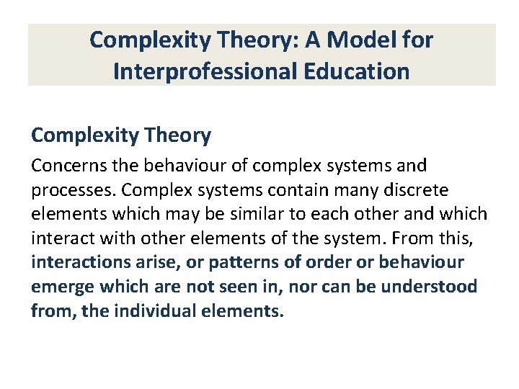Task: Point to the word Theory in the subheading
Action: [x=181, y=135]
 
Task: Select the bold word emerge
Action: [x=61, y=287]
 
